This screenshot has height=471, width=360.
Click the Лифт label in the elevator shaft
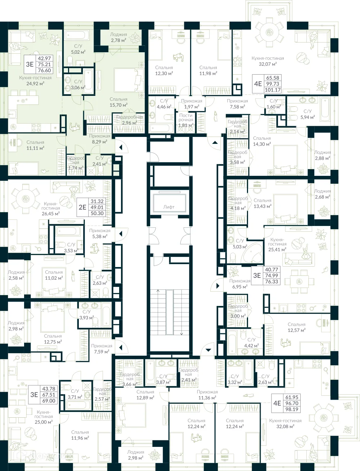(168, 207)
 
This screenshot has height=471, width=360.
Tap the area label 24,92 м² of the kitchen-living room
(35, 84)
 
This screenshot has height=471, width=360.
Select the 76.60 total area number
(44, 71)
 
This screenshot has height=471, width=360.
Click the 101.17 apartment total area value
(272, 90)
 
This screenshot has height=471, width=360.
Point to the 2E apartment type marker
(82, 207)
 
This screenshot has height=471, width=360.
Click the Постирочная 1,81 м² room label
(186, 120)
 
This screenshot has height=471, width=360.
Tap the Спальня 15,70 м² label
(118, 102)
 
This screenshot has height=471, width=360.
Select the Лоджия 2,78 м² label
(118, 37)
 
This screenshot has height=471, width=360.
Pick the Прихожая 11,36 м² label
(207, 395)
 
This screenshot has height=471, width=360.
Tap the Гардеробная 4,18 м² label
(238, 203)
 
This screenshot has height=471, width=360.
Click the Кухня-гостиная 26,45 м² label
(50, 209)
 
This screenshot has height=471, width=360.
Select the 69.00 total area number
(49, 401)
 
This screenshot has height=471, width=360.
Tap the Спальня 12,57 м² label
(296, 327)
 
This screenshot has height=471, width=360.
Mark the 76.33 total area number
(271, 281)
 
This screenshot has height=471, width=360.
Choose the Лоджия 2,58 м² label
(16, 275)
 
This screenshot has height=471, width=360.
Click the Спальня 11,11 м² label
(35, 145)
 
